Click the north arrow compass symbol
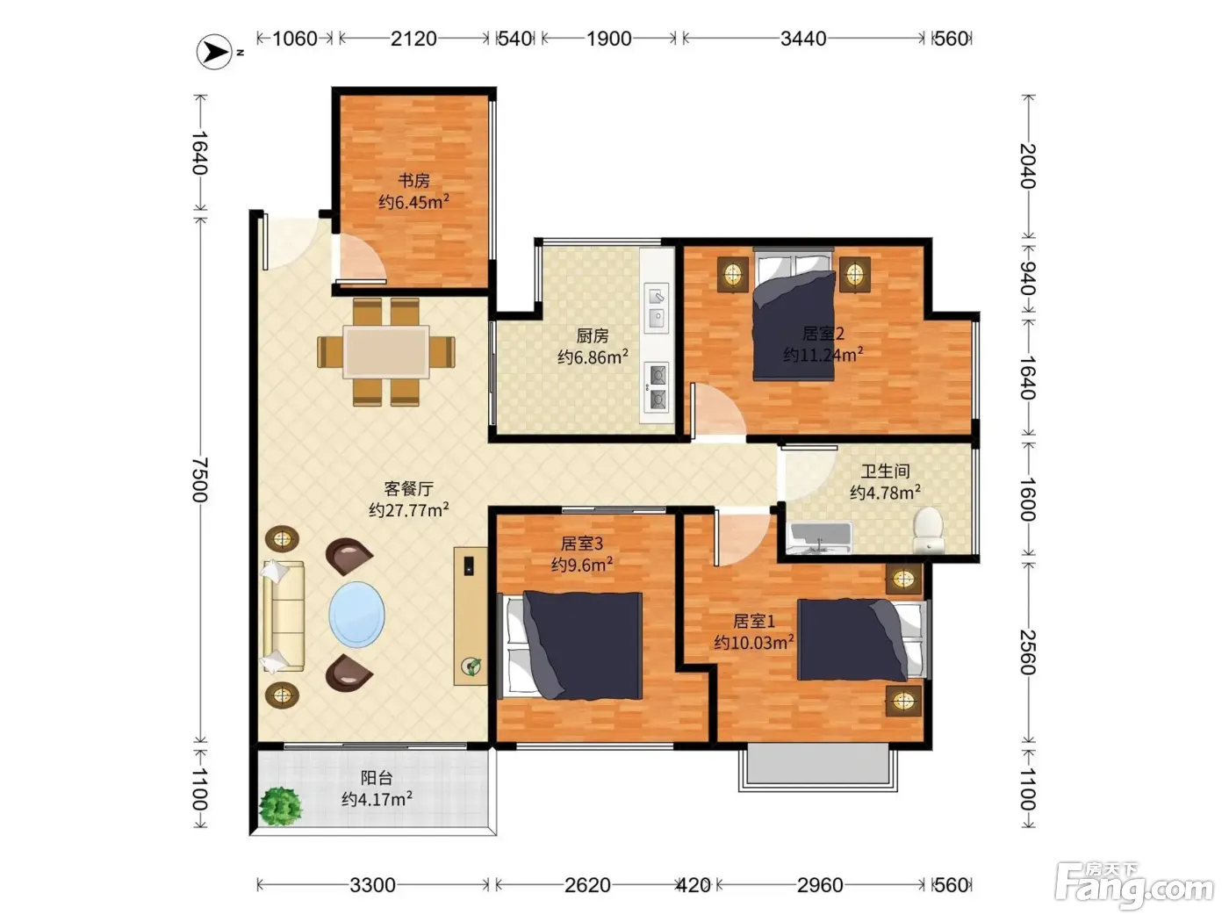tap(214, 52)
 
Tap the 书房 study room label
tap(413, 181)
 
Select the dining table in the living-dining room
tap(386, 352)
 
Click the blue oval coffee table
tap(356, 614)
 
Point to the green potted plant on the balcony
tap(281, 807)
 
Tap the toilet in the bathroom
tap(928, 529)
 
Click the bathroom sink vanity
tap(820, 538)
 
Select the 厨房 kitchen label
tap(593, 336)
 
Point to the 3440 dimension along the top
tap(803, 39)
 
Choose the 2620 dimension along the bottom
tap(586, 885)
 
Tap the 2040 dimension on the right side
tap(1028, 166)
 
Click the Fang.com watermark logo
tap(1134, 886)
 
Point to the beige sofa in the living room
tap(284, 616)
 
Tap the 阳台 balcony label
tap(377, 778)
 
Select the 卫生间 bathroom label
tap(885, 472)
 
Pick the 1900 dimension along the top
tap(608, 39)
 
